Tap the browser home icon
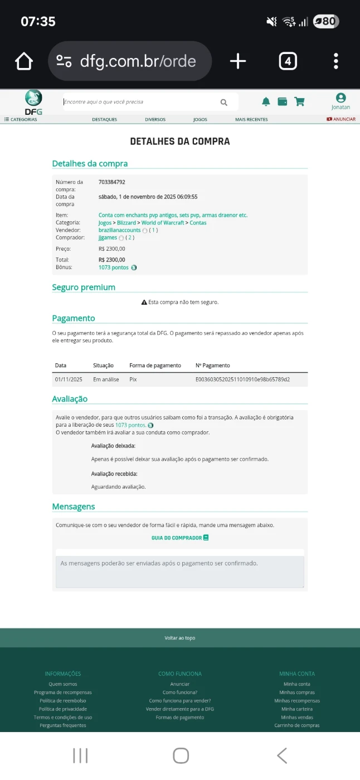click(x=24, y=61)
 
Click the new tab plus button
click(x=238, y=61)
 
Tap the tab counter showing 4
click(x=288, y=61)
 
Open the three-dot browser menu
click(x=336, y=61)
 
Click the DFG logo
click(x=33, y=103)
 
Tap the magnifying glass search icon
click(x=224, y=102)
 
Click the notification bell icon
click(x=266, y=101)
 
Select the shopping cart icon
click(x=299, y=101)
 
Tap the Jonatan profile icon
click(x=340, y=99)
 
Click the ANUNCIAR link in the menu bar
click(x=341, y=119)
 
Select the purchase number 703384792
click(x=112, y=182)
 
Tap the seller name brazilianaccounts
click(x=119, y=230)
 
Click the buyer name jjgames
click(x=108, y=238)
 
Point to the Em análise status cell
click(x=106, y=379)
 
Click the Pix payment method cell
click(x=133, y=379)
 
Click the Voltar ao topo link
click(x=179, y=638)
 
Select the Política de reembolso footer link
click(x=62, y=701)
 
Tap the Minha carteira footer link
click(x=297, y=709)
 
